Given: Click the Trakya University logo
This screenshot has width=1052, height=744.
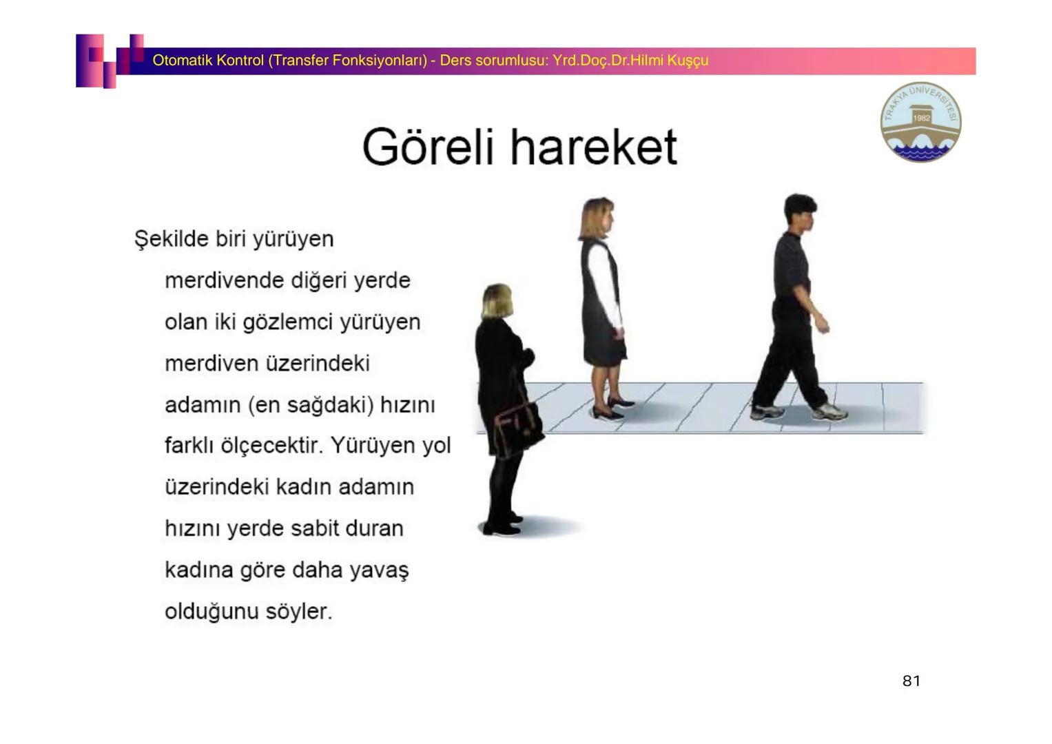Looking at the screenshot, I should (920, 122).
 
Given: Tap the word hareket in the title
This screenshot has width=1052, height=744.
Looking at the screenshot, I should (594, 146).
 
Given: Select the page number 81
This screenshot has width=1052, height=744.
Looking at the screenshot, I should (911, 681).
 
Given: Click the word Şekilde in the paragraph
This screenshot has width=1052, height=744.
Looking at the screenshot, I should (171, 239).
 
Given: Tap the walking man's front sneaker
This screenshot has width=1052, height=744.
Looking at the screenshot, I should (830, 412).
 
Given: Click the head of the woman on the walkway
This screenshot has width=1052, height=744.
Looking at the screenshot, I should (597, 218).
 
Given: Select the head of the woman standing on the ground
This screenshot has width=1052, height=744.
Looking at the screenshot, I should (496, 302).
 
